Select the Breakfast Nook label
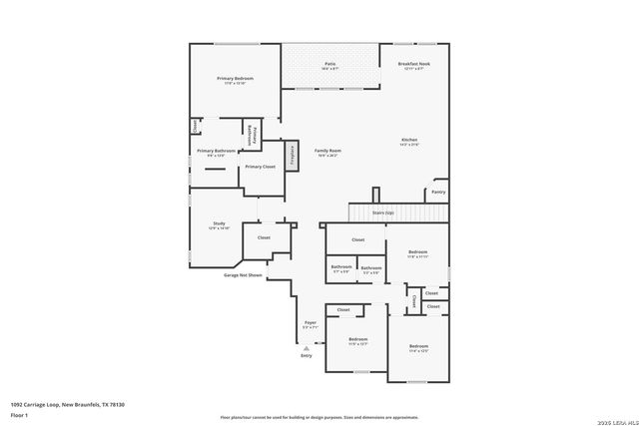pos(412,64)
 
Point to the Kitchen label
pos(409,140)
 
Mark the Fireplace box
pos(294,156)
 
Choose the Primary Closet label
pos(261,167)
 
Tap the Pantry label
pos(438,192)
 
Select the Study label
pos(219,223)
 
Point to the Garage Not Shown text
pos(243,274)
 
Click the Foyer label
pos(311,323)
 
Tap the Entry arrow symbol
pos(306,348)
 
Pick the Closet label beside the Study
pos(264,237)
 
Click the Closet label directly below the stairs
pos(357,239)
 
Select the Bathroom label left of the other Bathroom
pos(340,267)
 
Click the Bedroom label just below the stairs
pos(417,252)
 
